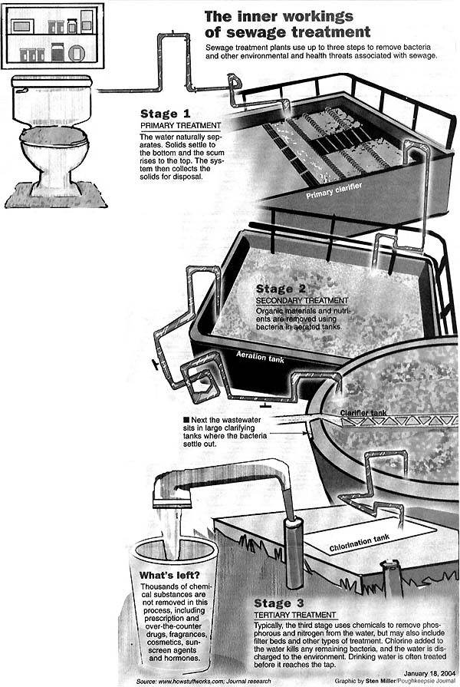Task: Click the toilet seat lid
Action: [x=54, y=137]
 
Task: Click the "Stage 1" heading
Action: [x=164, y=114]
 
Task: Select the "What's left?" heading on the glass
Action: [x=169, y=576]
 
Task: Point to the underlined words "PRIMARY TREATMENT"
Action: [x=180, y=125]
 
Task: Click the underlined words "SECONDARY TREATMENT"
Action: [x=302, y=300]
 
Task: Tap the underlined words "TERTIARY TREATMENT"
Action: [x=295, y=615]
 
